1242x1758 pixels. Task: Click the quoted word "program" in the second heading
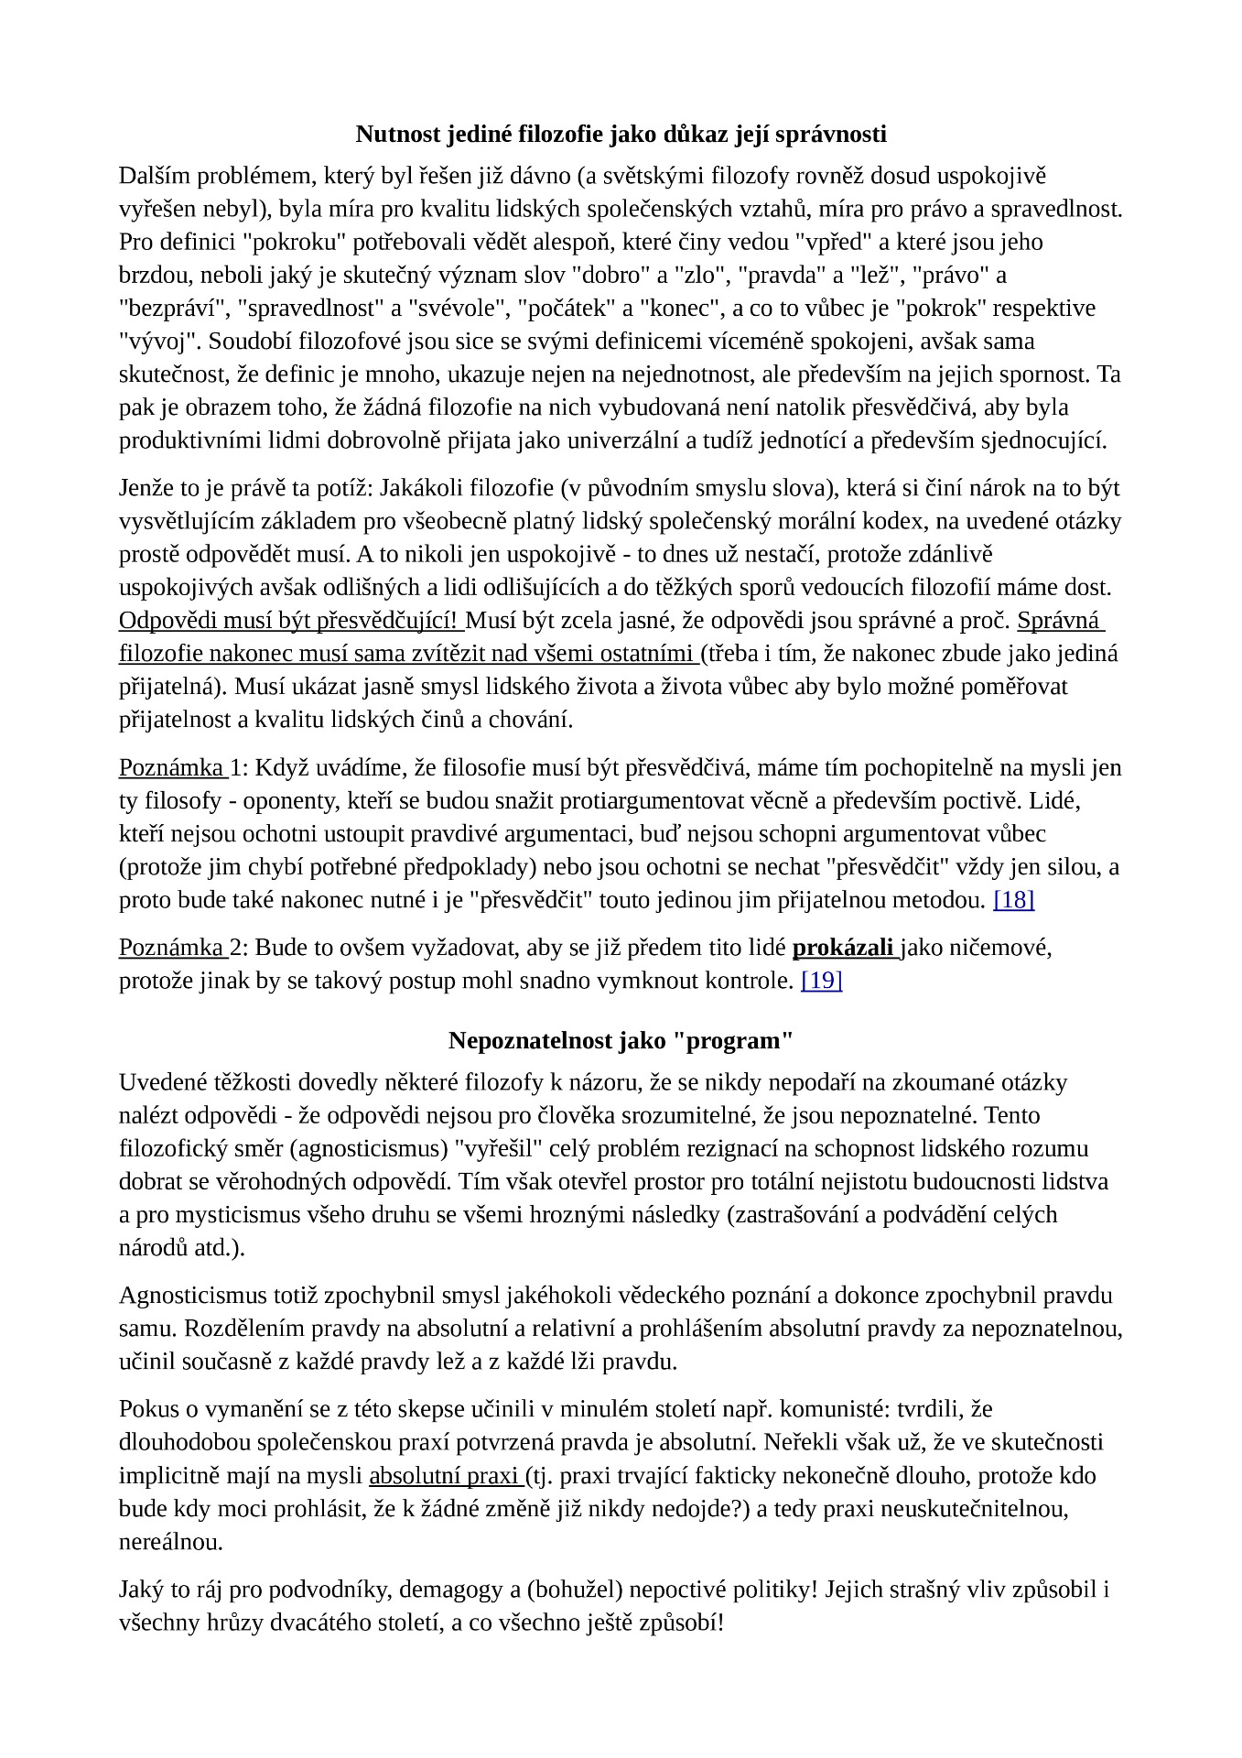(x=739, y=1041)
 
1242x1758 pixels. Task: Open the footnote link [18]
(x=1013, y=900)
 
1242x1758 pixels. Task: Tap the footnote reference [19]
(x=821, y=981)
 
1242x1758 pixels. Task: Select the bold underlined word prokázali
(x=843, y=948)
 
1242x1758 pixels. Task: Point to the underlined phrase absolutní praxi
(x=444, y=1476)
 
